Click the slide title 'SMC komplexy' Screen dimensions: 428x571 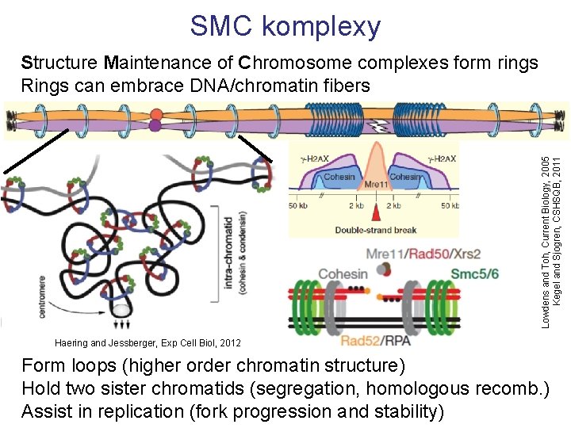[285, 26]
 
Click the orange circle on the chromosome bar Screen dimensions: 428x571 [156, 113]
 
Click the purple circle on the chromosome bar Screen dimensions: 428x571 [155, 125]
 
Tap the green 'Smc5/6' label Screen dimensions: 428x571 [475, 273]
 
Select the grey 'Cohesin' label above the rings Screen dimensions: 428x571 [343, 274]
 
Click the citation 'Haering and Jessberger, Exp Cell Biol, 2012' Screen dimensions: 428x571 [148, 343]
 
